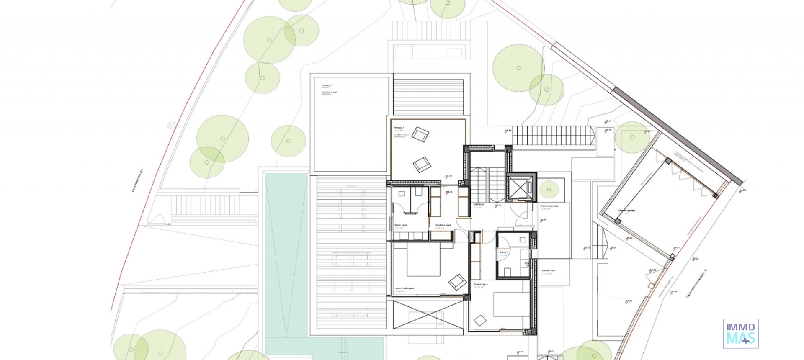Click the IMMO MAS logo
coord(740,333)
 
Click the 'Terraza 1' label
coord(398,127)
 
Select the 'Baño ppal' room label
coord(401,225)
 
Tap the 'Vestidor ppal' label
coord(443,225)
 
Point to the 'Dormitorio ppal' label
coord(405,288)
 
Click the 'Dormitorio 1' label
coord(481,284)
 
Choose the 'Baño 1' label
coord(504,252)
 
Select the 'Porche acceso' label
coord(549,206)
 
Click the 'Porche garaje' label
coord(626,211)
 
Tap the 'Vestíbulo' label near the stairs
coord(479,205)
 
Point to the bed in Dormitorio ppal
coord(423,260)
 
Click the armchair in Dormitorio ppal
coord(457,282)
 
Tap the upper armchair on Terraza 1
coord(420,134)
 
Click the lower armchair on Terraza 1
coord(422,164)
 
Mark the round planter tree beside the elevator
coord(549,190)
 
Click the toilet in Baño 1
coord(525,264)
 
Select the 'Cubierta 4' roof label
coord(327,85)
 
